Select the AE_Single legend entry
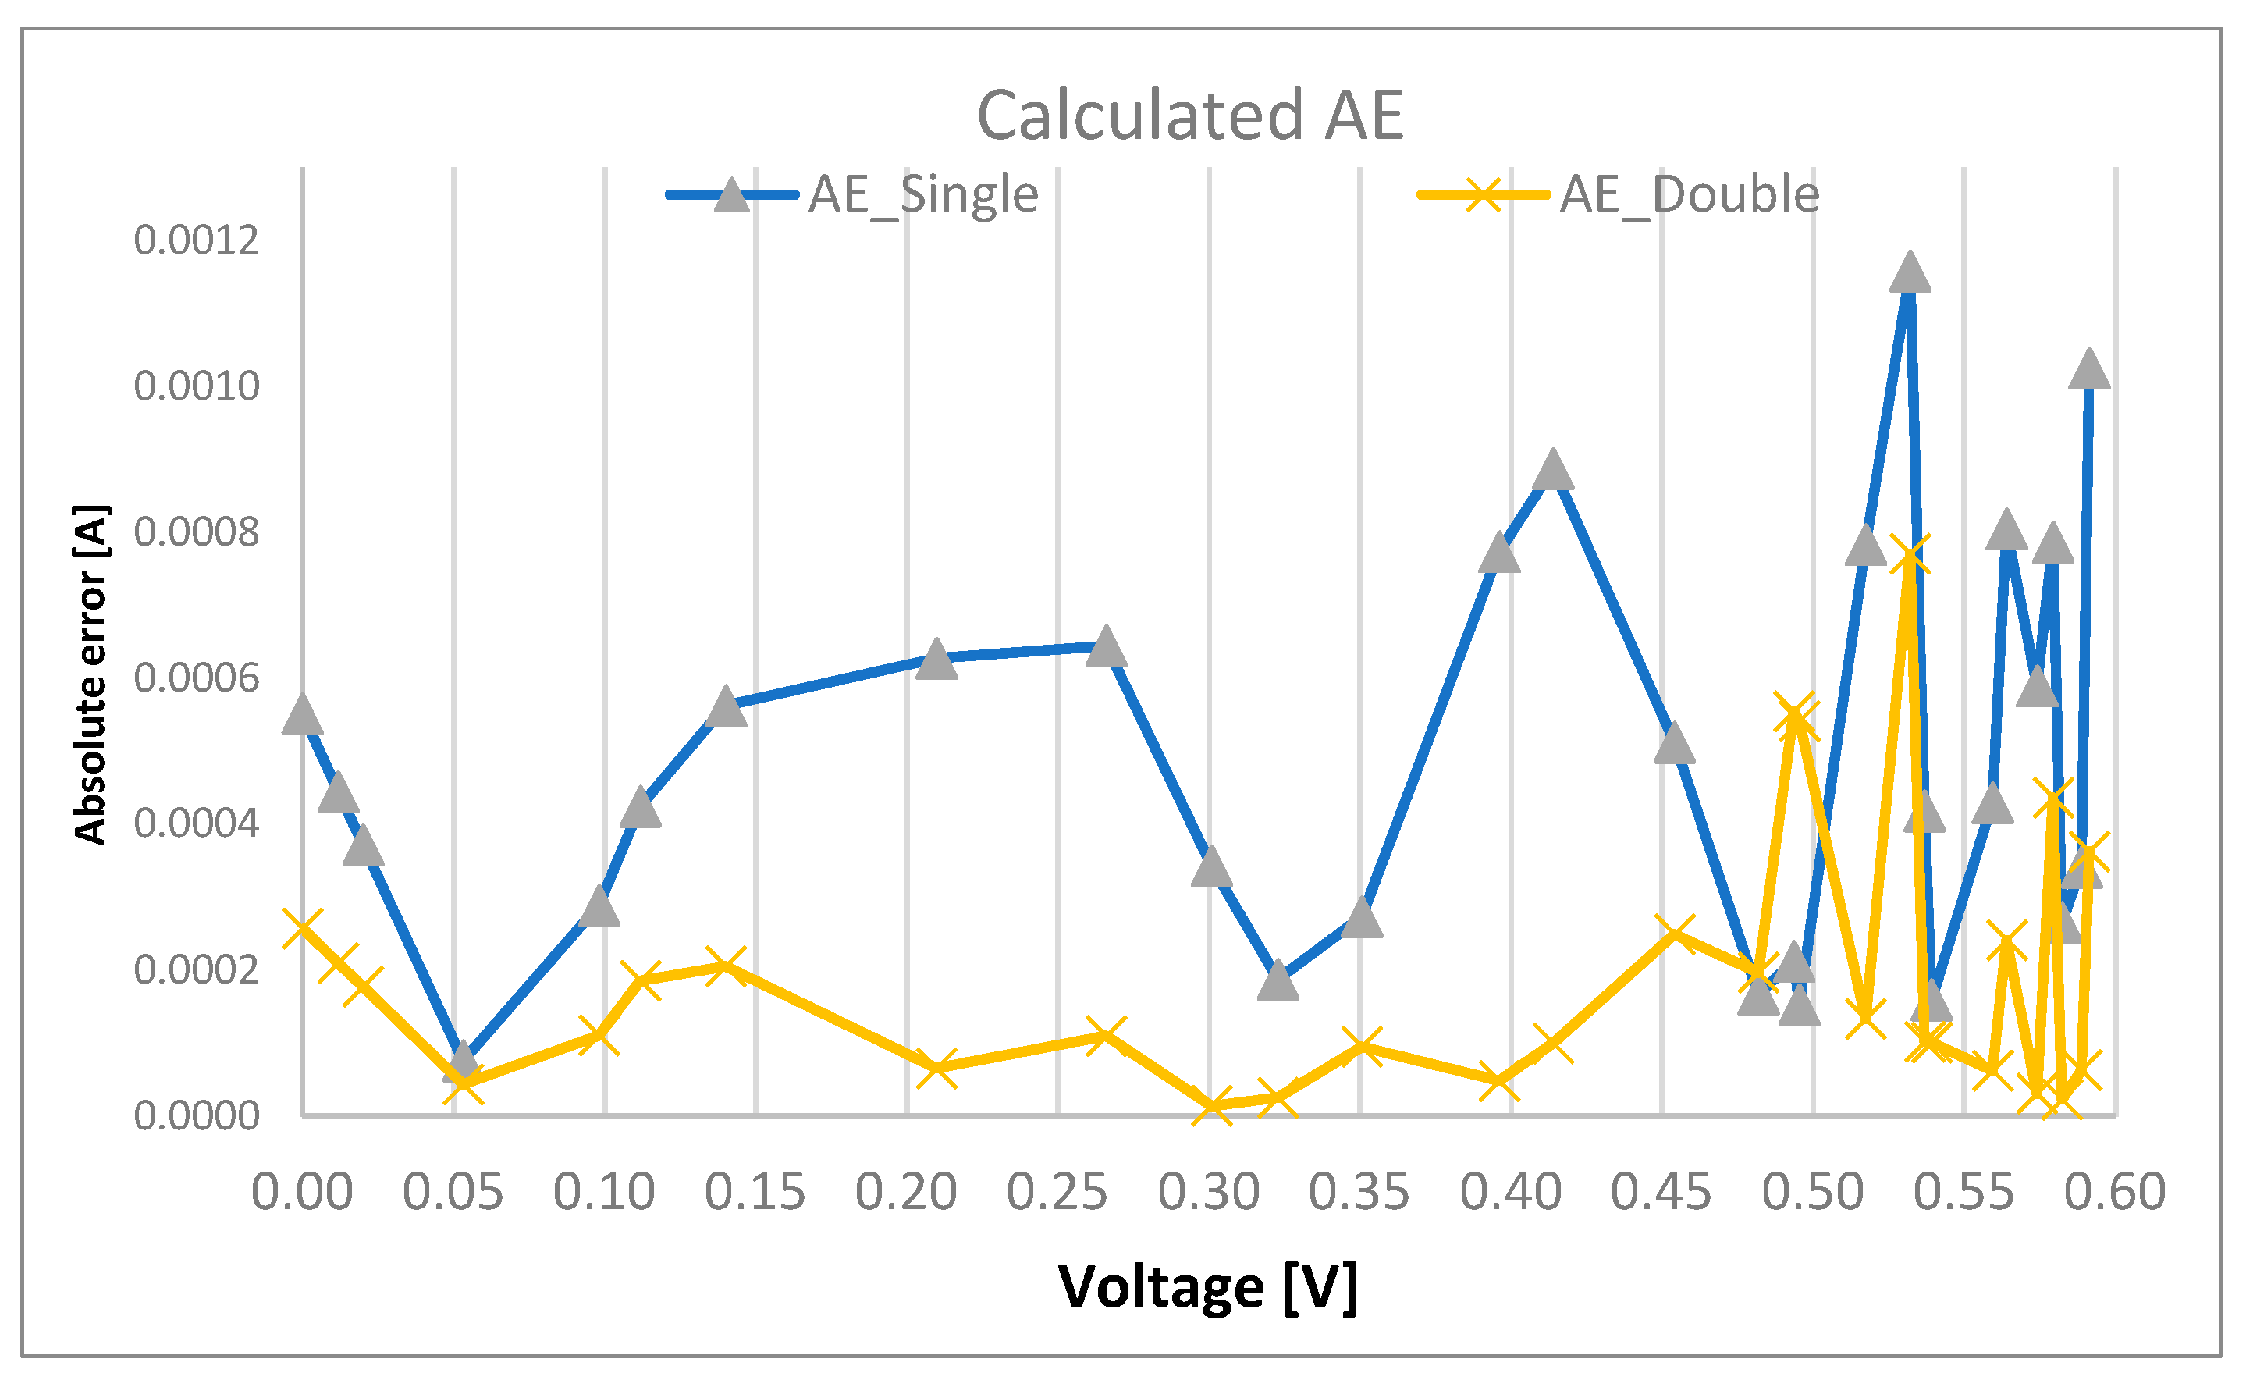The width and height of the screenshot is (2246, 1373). click(922, 194)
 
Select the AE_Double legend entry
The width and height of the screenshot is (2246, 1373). click(1688, 194)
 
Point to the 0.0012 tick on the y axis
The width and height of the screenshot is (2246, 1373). click(196, 240)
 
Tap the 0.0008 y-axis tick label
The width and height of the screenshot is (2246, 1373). click(196, 532)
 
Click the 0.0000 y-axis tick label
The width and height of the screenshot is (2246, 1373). click(196, 1116)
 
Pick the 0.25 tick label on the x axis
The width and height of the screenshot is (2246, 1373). click(1057, 1192)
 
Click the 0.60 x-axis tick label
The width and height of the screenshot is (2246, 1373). click(2115, 1192)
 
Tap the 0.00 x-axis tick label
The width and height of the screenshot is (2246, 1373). click(302, 1192)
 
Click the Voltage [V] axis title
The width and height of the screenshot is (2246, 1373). click(1208, 1286)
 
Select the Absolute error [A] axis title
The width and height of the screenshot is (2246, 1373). click(91, 674)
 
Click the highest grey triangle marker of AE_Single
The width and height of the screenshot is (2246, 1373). click(1910, 273)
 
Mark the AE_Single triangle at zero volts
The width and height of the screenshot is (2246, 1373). click(303, 716)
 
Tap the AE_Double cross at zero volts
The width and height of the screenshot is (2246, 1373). click(303, 928)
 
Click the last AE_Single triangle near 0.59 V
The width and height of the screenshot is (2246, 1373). click(2089, 370)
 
